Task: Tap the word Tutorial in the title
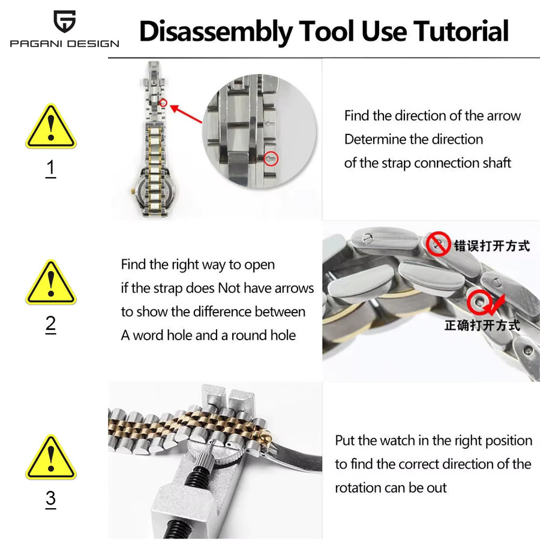(x=461, y=31)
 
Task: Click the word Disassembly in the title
(x=216, y=32)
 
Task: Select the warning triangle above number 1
(x=51, y=127)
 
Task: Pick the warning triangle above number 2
(x=51, y=282)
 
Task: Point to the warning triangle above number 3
(x=51, y=457)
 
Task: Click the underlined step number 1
(x=50, y=169)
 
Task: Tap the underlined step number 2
(x=50, y=325)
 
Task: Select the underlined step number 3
(x=50, y=499)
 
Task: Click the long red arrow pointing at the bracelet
(x=186, y=114)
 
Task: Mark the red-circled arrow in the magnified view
(x=271, y=159)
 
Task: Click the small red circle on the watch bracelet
(x=164, y=103)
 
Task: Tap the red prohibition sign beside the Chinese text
(x=439, y=244)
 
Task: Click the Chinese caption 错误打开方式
(x=492, y=246)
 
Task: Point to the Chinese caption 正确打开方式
(x=482, y=325)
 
